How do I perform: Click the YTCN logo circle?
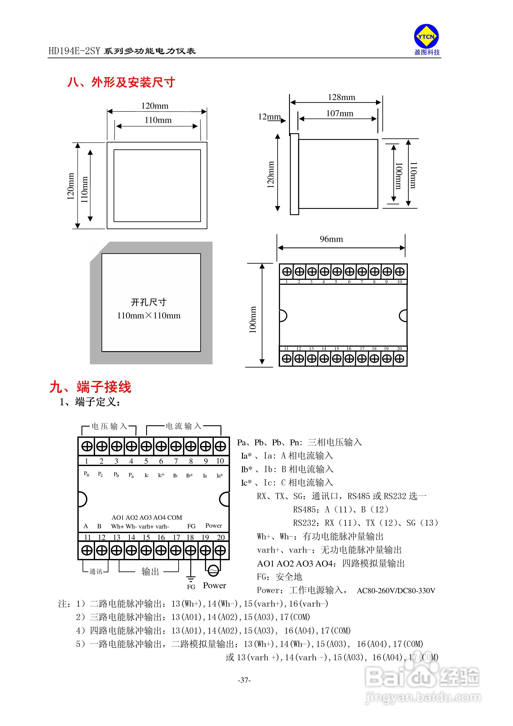426,37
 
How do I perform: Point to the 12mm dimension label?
269,117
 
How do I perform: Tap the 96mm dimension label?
331,239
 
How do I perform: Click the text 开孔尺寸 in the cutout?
148,302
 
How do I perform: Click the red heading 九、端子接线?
91,387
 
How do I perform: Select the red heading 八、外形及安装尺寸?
121,82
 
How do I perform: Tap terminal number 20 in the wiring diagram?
221,537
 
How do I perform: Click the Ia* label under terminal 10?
220,476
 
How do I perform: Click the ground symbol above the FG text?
191,579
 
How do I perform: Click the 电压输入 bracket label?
109,426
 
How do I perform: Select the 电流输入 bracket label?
183,426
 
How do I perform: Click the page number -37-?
244,680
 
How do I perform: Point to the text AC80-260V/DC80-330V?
396,591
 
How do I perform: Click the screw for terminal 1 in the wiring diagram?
87,446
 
